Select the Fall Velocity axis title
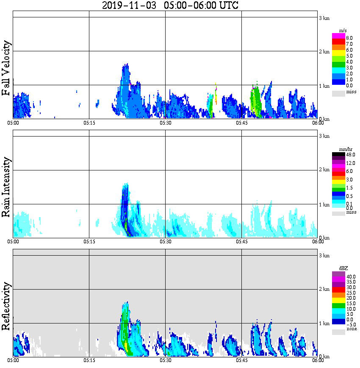pyautogui.click(x=6, y=68)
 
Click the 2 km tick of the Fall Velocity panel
pyautogui.click(x=324, y=52)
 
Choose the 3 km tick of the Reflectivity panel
pyautogui.click(x=324, y=256)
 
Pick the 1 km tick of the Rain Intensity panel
pyautogui.click(x=324, y=205)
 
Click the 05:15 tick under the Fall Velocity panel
pyautogui.click(x=89, y=123)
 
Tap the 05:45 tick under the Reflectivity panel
pyautogui.click(x=241, y=360)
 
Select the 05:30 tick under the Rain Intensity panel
pyautogui.click(x=165, y=242)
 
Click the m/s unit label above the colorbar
pyautogui.click(x=343, y=31)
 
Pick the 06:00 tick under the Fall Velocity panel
pyautogui.click(x=318, y=123)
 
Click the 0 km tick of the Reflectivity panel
pyautogui.click(x=324, y=357)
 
